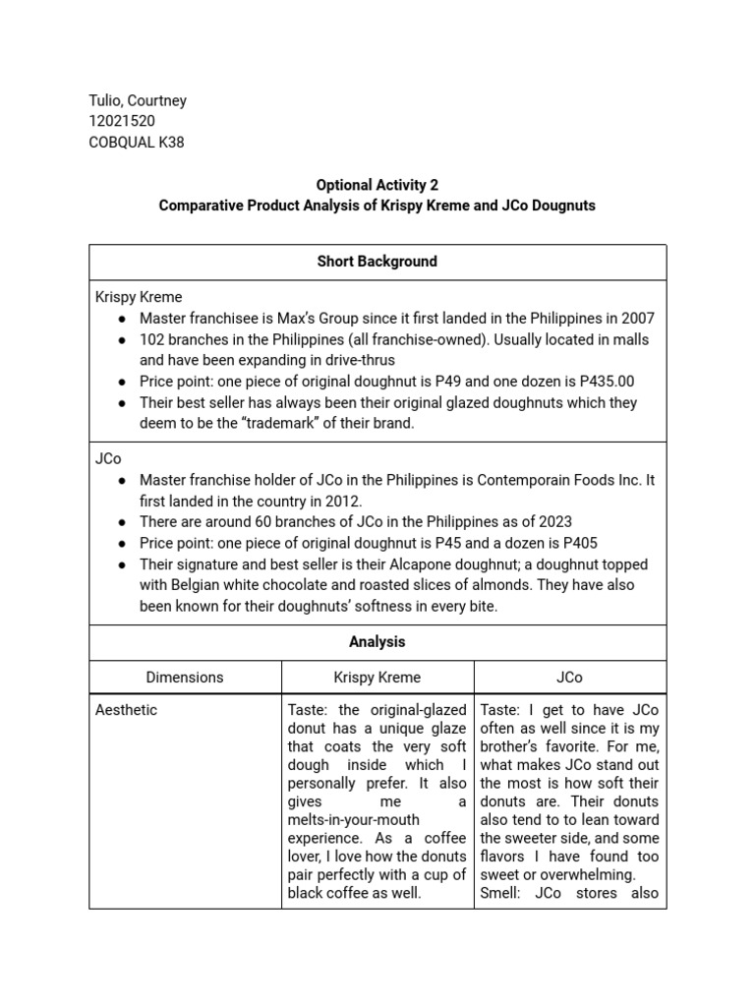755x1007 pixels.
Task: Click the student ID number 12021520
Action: click(x=123, y=121)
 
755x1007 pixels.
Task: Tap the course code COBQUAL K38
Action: click(x=136, y=142)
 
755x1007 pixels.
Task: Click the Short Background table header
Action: click(x=377, y=262)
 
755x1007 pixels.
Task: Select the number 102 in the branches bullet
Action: click(x=151, y=339)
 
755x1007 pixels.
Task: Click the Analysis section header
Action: click(x=377, y=641)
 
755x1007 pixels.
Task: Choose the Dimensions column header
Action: click(x=185, y=677)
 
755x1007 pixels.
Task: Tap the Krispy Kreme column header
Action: click(x=377, y=677)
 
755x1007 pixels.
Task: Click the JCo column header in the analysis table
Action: click(x=569, y=677)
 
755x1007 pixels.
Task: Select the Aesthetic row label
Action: click(x=126, y=709)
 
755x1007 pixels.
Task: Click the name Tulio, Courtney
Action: click(x=138, y=100)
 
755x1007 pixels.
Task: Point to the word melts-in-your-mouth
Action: click(x=353, y=819)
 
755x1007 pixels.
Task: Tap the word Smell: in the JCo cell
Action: click(x=503, y=893)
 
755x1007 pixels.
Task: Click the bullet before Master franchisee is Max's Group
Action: click(x=121, y=319)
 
